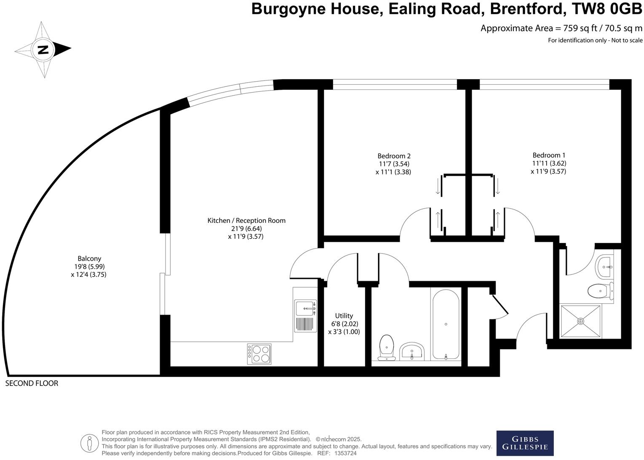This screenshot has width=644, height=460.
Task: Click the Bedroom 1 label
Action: point(546,155)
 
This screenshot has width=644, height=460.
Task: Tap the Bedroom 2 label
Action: point(394,156)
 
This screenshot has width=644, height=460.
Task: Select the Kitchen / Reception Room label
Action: point(246,220)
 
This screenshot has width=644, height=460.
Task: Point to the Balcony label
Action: point(89,259)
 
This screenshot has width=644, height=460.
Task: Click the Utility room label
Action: point(344,316)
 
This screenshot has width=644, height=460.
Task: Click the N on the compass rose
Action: point(43,50)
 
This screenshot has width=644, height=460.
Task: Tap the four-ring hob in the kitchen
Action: point(259,354)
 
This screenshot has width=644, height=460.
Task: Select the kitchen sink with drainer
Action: point(305,315)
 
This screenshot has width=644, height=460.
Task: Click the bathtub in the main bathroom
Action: point(445,324)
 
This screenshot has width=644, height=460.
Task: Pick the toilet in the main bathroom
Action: point(386,347)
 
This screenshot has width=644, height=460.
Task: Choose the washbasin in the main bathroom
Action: point(412,351)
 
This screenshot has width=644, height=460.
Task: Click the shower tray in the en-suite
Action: point(580,321)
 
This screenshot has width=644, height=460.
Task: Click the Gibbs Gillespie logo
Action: point(525,443)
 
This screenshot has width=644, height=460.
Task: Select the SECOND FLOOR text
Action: point(32,383)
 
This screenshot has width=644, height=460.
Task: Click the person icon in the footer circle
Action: point(89,443)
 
